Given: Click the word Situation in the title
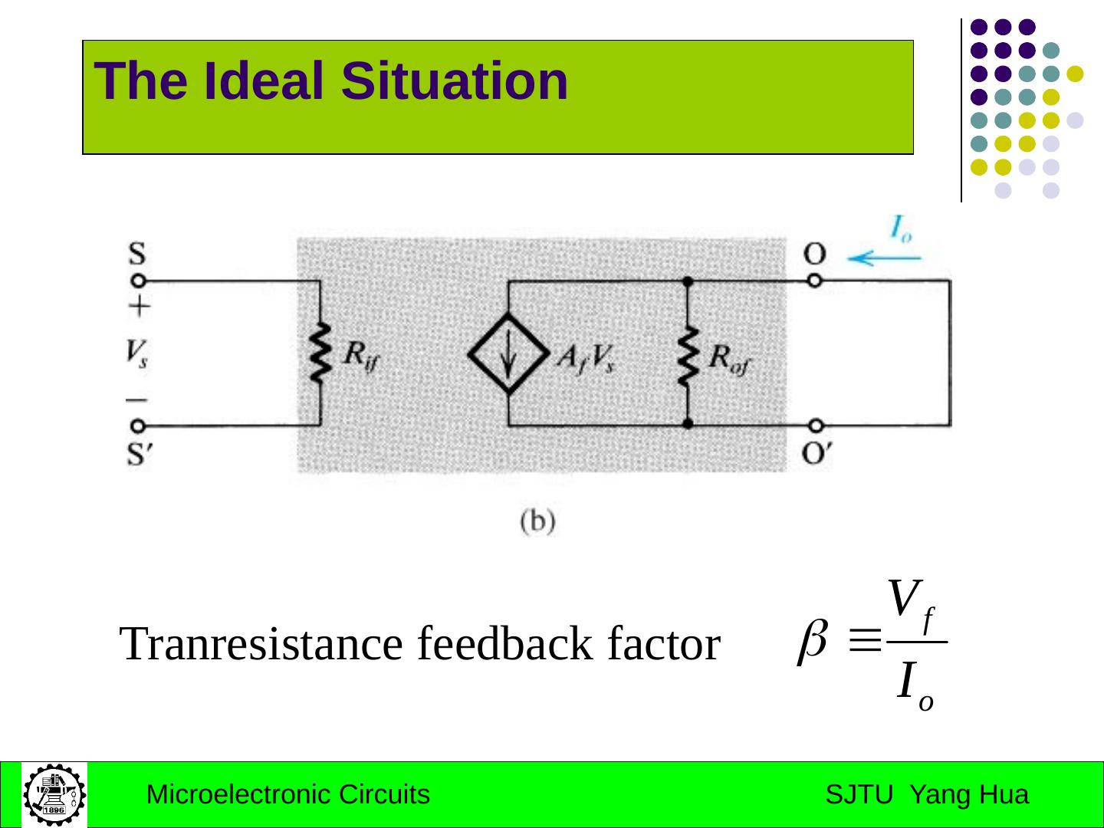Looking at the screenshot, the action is click(x=455, y=81).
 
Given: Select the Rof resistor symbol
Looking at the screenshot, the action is click(x=688, y=355).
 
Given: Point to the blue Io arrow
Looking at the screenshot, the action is click(x=884, y=258).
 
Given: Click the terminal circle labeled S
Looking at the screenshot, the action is click(x=137, y=281).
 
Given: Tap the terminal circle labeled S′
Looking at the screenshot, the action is click(x=137, y=426).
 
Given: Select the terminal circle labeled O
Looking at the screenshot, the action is click(x=816, y=281).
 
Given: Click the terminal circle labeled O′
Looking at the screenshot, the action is click(x=816, y=426).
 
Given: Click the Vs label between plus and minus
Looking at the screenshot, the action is click(x=136, y=353).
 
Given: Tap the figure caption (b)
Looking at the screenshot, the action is click(x=537, y=522).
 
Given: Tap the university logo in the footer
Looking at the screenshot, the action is click(x=54, y=794).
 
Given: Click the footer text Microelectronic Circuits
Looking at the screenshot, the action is click(x=287, y=795).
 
